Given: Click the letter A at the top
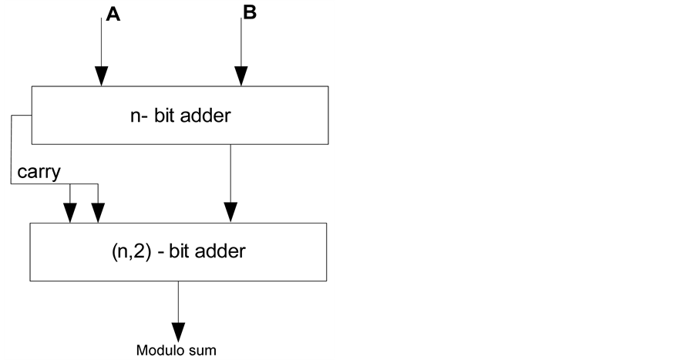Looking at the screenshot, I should [x=113, y=15].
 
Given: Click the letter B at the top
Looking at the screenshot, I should [x=249, y=13].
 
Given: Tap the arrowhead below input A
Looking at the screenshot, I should [x=101, y=76].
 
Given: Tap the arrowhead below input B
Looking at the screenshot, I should [x=241, y=76].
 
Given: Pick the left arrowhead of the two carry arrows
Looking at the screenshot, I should [x=70, y=211].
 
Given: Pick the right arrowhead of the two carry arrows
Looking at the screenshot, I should [x=97, y=211].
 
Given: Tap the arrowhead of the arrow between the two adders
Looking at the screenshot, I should [x=230, y=211].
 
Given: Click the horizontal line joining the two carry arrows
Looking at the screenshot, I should [x=83, y=183].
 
